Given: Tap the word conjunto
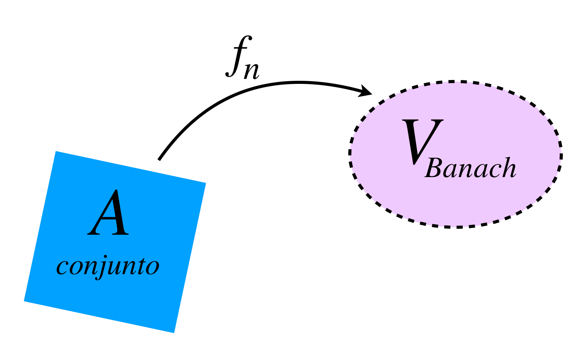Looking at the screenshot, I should (x=108, y=266).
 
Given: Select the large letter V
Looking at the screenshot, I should (x=422, y=142).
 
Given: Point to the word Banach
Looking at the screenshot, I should (x=471, y=169).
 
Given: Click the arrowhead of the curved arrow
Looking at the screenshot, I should (x=367, y=92).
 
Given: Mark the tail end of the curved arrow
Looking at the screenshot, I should (x=159, y=159).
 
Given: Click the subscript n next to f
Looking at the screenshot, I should (x=251, y=71).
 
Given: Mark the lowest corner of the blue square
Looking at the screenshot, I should (x=174, y=333).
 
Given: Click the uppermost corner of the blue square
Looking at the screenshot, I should (x=57, y=151).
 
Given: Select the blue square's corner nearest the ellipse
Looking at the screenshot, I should (x=205, y=183).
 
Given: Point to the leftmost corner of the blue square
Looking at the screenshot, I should (x=24, y=301).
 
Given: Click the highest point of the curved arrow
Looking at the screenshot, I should (x=299, y=82).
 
